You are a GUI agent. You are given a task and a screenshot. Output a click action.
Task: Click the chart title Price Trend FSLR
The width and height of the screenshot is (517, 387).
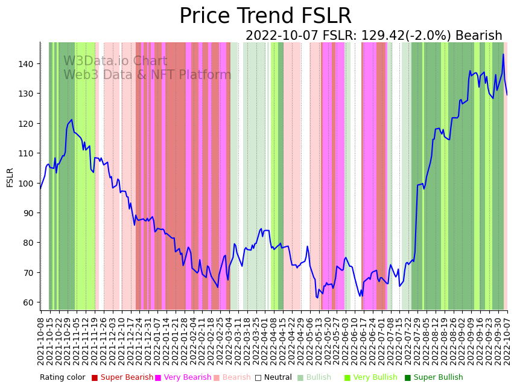(265, 16)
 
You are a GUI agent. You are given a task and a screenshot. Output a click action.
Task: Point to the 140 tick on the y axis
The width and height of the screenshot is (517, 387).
(30, 63)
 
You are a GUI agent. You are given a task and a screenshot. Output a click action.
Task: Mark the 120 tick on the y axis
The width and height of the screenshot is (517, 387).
(30, 123)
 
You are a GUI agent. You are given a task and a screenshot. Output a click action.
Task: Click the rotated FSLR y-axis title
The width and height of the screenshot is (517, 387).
(10, 178)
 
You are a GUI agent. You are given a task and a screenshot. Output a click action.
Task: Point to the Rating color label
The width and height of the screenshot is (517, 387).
(62, 378)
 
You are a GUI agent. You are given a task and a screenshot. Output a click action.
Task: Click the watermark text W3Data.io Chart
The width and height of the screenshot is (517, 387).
(115, 61)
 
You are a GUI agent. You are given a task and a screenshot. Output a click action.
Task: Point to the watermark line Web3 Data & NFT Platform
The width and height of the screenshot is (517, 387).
(147, 75)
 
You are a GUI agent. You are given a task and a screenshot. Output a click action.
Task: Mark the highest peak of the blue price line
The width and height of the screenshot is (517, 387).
(503, 54)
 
